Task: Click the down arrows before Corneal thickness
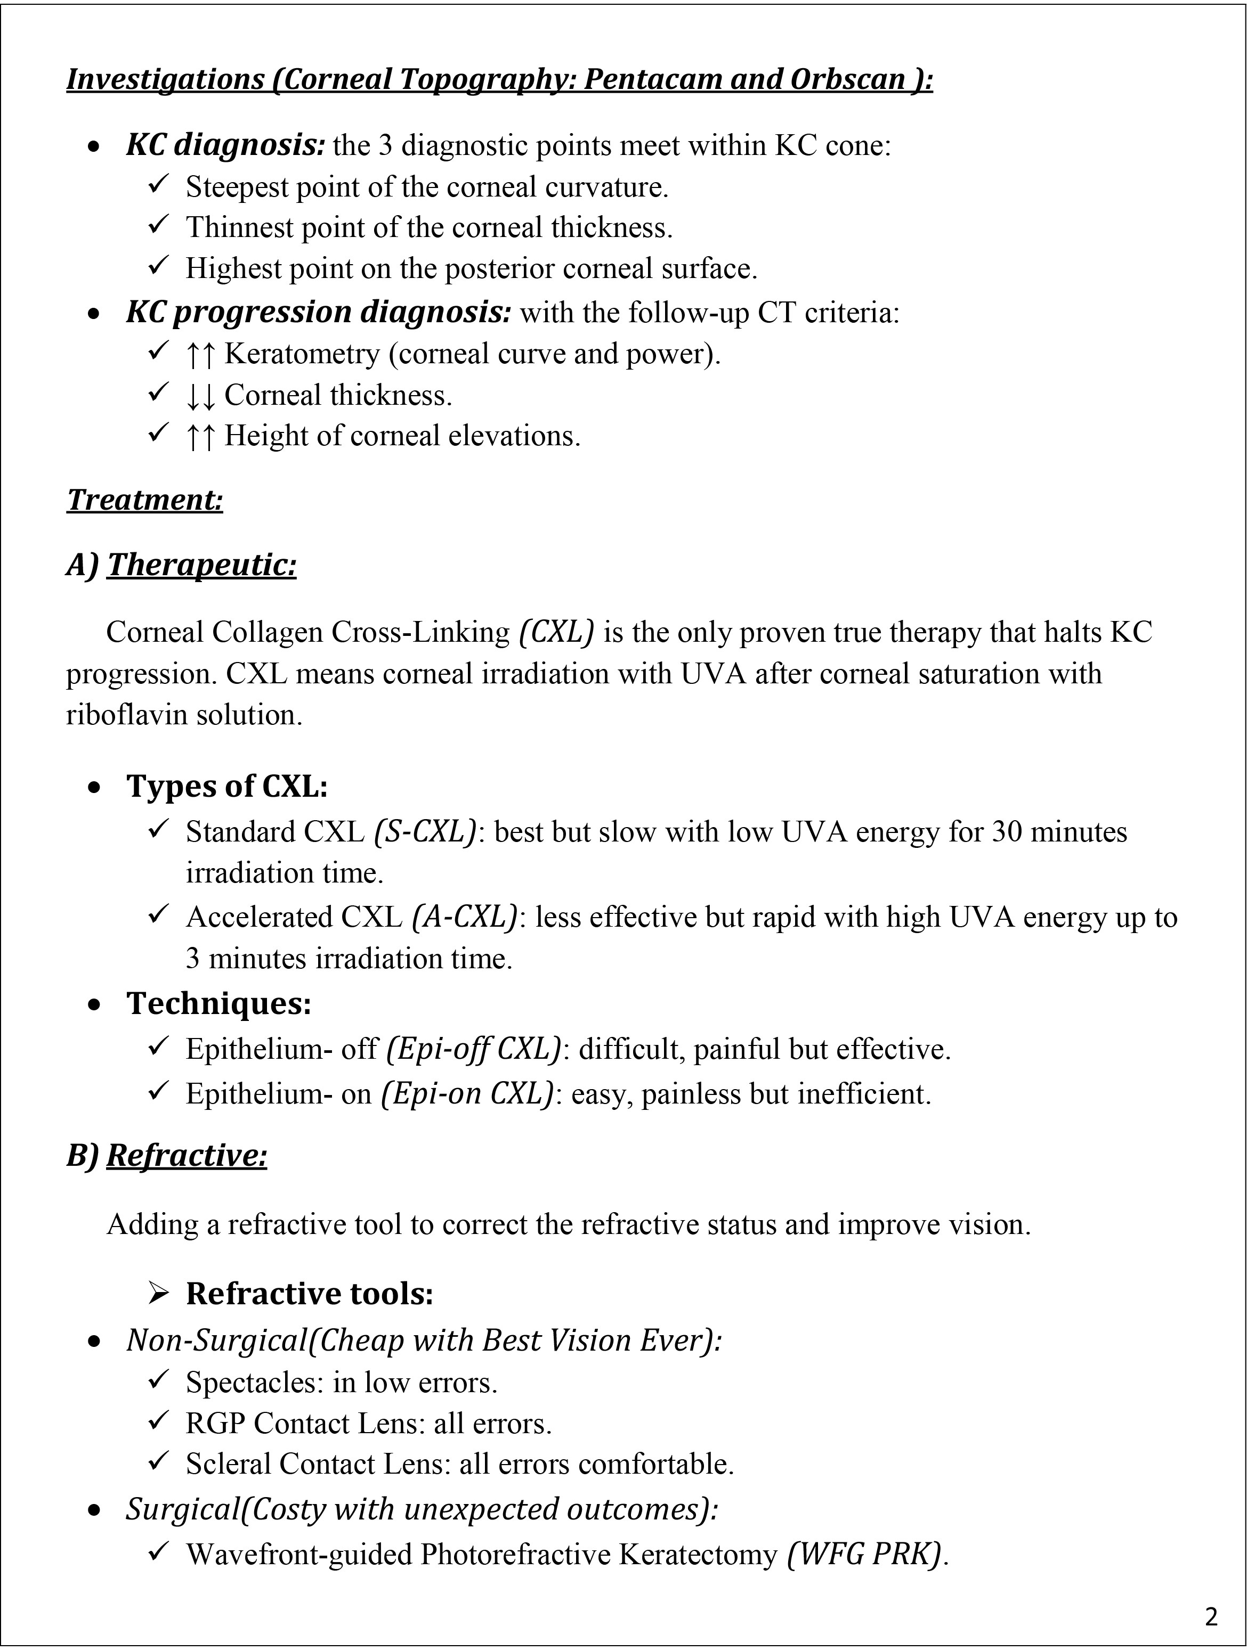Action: (x=200, y=396)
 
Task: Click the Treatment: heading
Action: (x=145, y=500)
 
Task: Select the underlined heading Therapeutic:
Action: (x=201, y=565)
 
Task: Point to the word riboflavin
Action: (x=127, y=716)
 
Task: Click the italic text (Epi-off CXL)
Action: (x=473, y=1050)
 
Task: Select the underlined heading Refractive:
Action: (x=187, y=1156)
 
